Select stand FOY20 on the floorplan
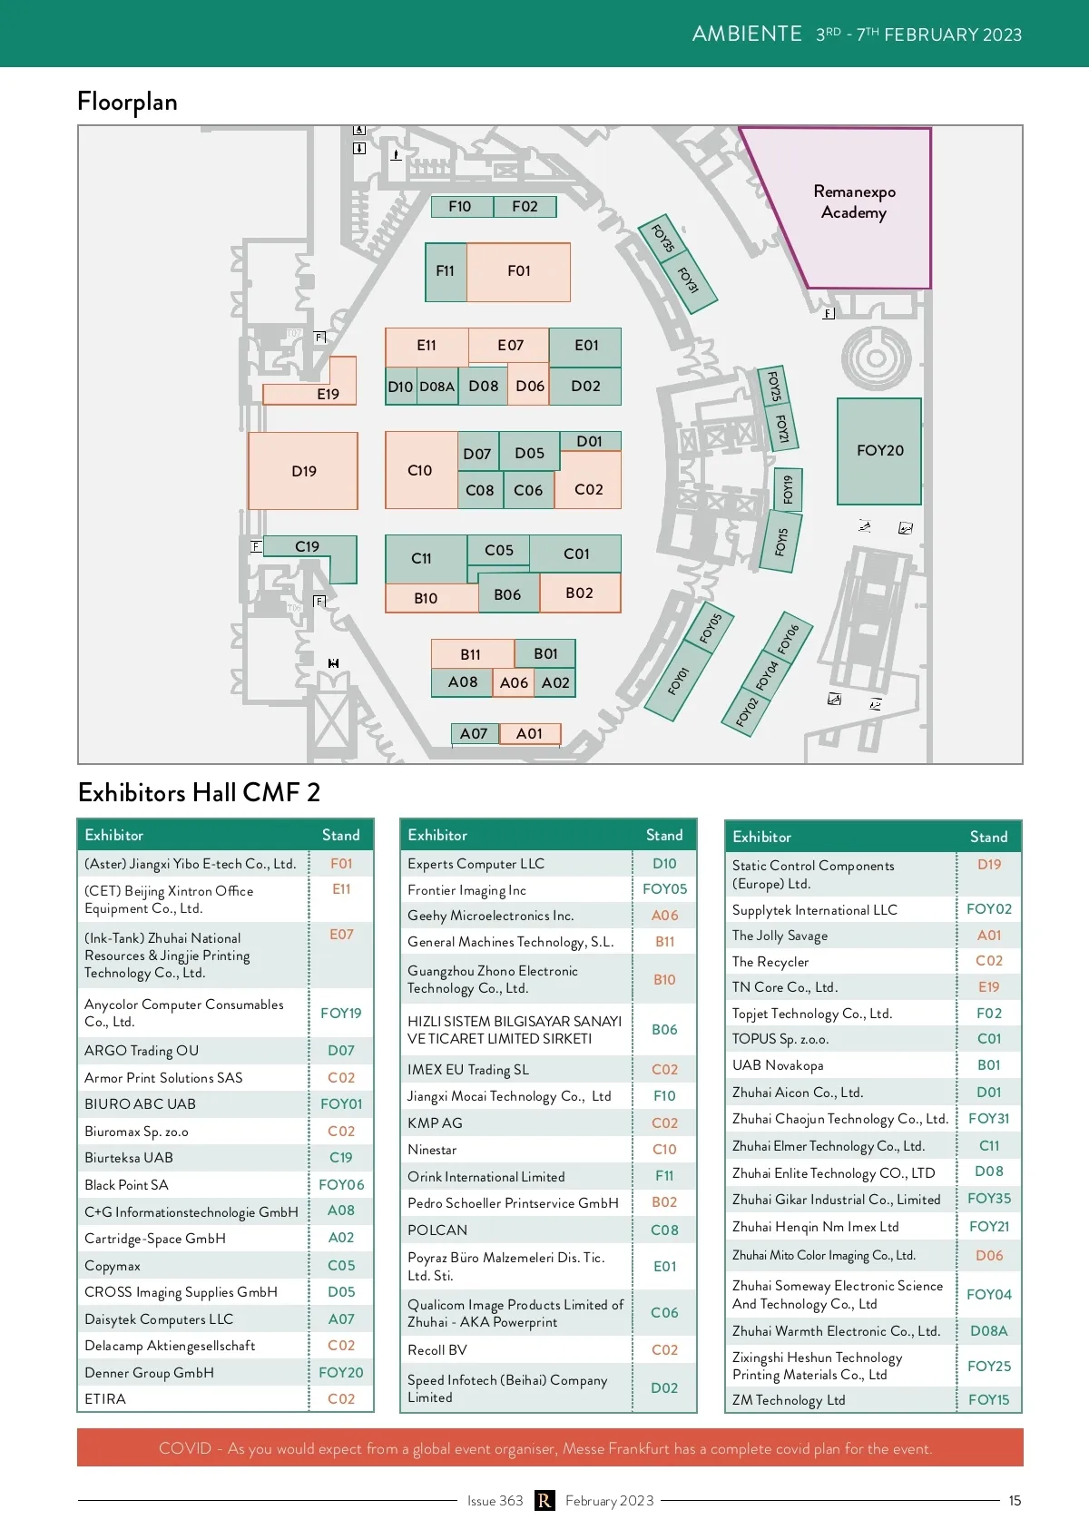click(879, 451)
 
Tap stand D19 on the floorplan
click(303, 471)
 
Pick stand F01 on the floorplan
click(518, 271)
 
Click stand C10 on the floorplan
click(420, 470)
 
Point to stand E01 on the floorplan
click(586, 346)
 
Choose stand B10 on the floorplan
click(426, 598)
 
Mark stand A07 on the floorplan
click(474, 733)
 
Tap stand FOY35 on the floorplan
click(663, 238)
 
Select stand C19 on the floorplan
click(308, 547)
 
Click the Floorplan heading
click(127, 102)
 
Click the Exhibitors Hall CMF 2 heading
click(199, 793)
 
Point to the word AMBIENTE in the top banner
click(747, 34)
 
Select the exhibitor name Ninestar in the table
click(432, 1150)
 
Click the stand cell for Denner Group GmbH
click(341, 1373)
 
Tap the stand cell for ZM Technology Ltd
click(988, 1400)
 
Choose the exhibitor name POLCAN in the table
click(437, 1230)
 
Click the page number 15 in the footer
click(1015, 1501)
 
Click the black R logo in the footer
click(544, 1501)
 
